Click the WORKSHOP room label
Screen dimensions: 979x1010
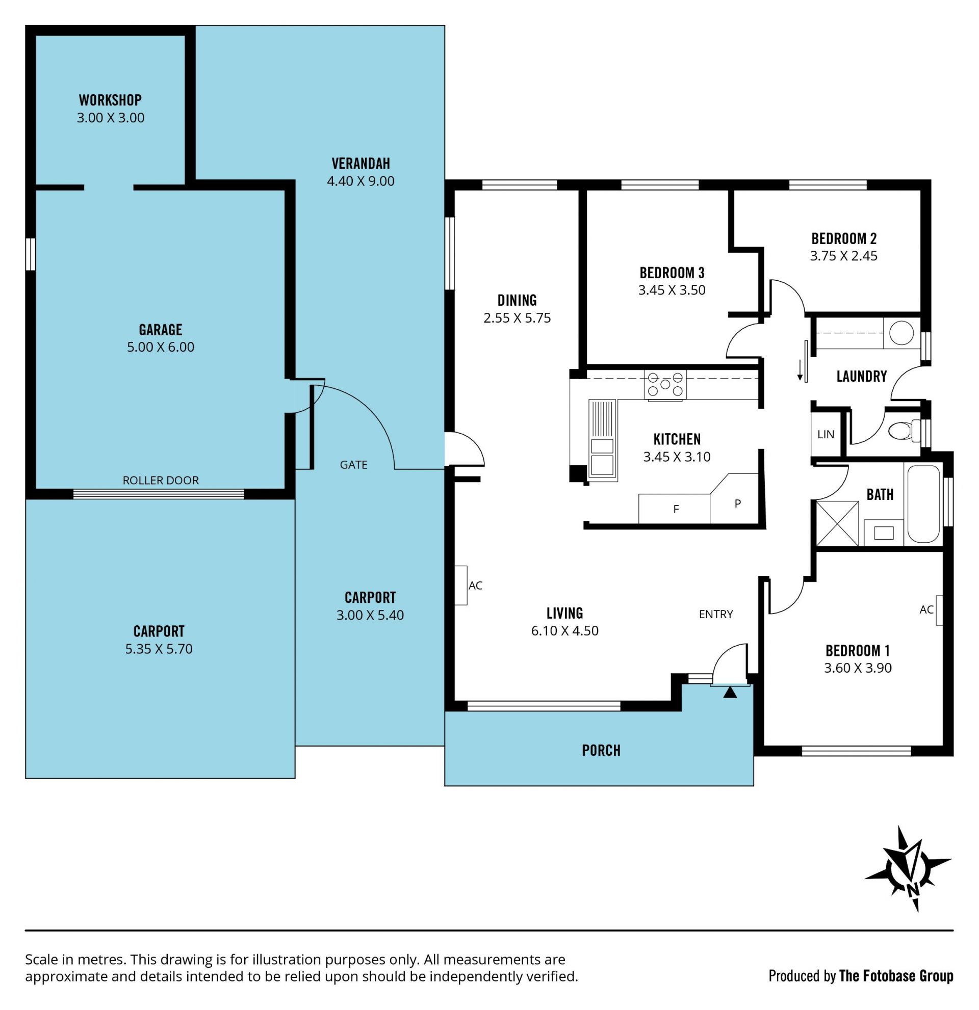110,99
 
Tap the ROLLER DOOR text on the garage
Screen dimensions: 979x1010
161,480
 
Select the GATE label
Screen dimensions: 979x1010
354,465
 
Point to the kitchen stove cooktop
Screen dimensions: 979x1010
665,384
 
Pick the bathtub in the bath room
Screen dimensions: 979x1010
923,504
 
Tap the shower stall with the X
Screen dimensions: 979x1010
838,523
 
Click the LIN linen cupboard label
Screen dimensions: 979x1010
826,434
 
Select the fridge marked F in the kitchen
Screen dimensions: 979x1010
674,509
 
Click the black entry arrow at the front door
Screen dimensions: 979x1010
730,693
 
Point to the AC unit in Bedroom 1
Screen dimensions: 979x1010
939,610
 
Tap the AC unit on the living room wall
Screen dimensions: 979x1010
461,586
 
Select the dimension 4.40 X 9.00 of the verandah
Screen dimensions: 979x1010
361,181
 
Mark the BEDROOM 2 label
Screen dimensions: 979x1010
844,238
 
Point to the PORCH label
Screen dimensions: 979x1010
601,750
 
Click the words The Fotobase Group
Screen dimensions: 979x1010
896,976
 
